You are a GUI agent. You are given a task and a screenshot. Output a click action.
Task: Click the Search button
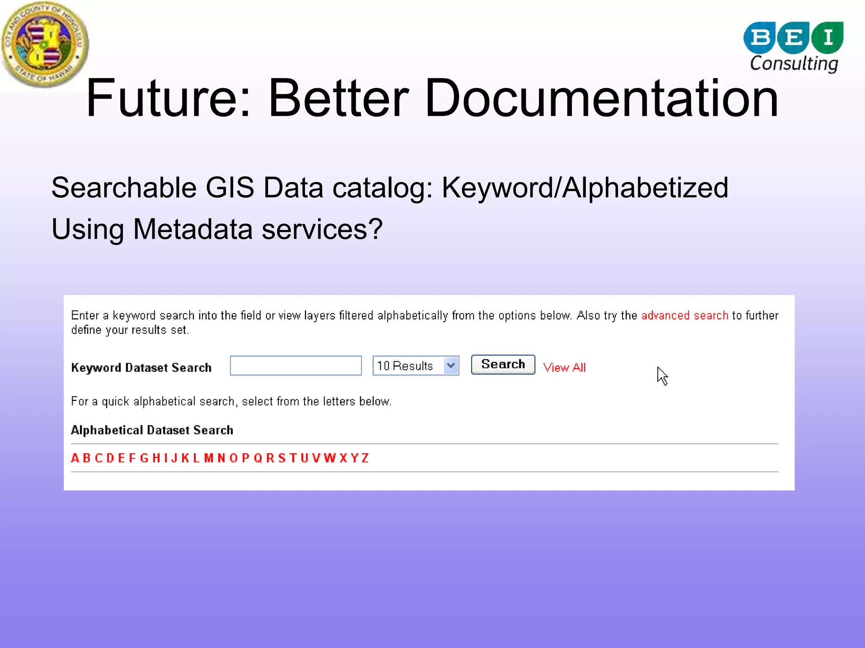point(503,365)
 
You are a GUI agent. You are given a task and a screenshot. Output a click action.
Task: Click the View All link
point(564,368)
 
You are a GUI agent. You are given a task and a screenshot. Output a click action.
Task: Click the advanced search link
point(685,316)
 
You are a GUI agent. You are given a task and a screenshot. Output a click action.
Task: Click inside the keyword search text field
point(296,365)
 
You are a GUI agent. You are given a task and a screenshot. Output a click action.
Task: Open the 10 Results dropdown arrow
point(451,365)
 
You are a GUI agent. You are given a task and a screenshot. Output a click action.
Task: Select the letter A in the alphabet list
point(75,458)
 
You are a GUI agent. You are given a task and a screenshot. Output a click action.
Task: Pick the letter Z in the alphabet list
point(365,458)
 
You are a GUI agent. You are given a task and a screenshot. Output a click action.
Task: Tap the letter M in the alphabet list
point(209,458)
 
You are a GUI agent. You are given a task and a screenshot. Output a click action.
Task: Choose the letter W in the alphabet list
point(329,458)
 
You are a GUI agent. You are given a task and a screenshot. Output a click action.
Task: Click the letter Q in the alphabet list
point(258,458)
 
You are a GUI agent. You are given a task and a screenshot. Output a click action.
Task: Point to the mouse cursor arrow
point(662,375)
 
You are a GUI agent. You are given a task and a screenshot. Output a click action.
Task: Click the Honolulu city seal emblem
point(45,44)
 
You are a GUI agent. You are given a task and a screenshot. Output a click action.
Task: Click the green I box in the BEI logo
point(828,37)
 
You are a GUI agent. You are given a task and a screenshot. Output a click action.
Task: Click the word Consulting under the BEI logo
point(794,63)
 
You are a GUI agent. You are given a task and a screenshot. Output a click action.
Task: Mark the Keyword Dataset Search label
point(141,368)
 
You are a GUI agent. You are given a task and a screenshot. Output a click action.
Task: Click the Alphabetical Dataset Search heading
point(152,430)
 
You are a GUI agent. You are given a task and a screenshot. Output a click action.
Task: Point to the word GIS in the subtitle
point(230,188)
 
